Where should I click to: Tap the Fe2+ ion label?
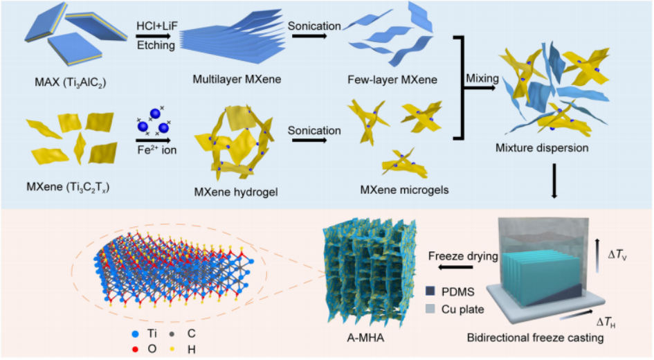pyautogui.click(x=155, y=147)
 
